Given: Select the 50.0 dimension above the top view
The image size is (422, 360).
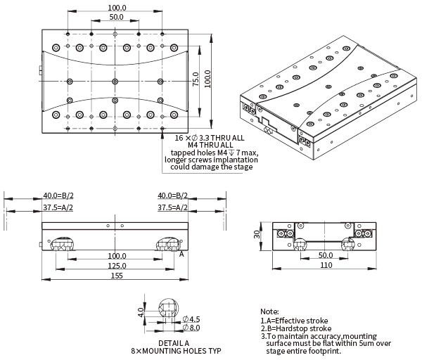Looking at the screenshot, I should pos(117,16).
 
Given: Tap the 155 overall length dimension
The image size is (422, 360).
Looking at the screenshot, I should pos(117,276).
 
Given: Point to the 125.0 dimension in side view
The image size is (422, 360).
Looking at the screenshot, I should pos(117,266).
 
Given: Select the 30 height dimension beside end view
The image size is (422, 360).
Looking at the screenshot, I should pos(258,236).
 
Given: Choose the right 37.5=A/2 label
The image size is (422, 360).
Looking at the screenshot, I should pos(173,207).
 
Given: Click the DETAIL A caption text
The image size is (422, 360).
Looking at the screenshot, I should pos(173,342).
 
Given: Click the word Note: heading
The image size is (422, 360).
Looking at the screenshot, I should pos(269,311).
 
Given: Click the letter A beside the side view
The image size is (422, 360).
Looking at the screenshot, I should pos(181,255).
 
